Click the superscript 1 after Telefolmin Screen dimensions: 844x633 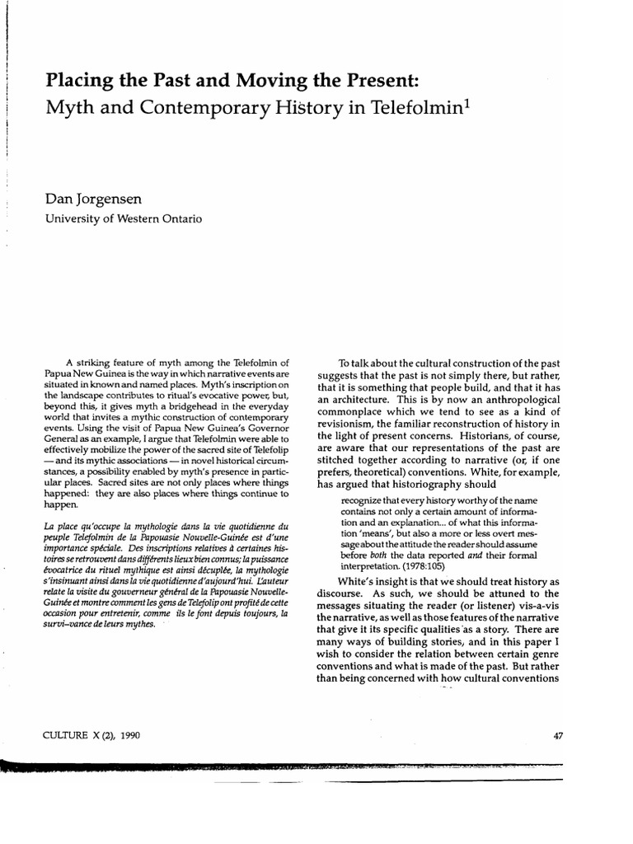(x=438, y=104)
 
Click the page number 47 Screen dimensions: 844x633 (x=558, y=735)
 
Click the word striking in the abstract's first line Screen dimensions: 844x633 (x=104, y=363)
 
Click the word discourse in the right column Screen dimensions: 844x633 (x=343, y=593)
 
